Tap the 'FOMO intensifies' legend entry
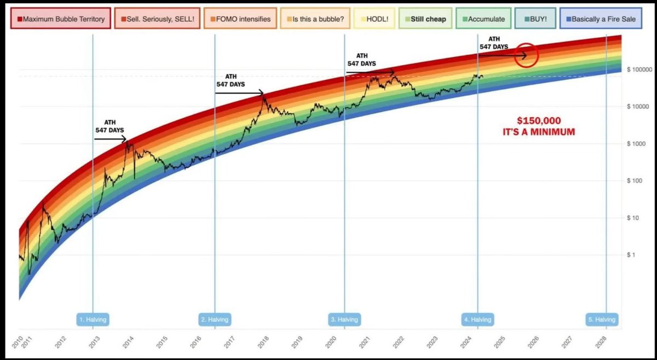coord(240,19)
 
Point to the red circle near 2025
coord(526,55)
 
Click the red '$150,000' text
coord(539,120)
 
